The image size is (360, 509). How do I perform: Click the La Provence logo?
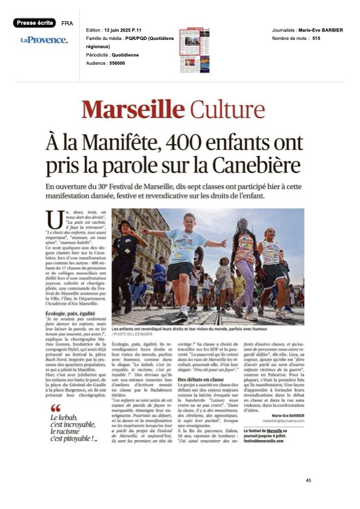[44, 40]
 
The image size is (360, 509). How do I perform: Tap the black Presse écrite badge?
[34, 23]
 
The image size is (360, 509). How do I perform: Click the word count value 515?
[316, 38]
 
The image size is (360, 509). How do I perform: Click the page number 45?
[308, 480]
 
